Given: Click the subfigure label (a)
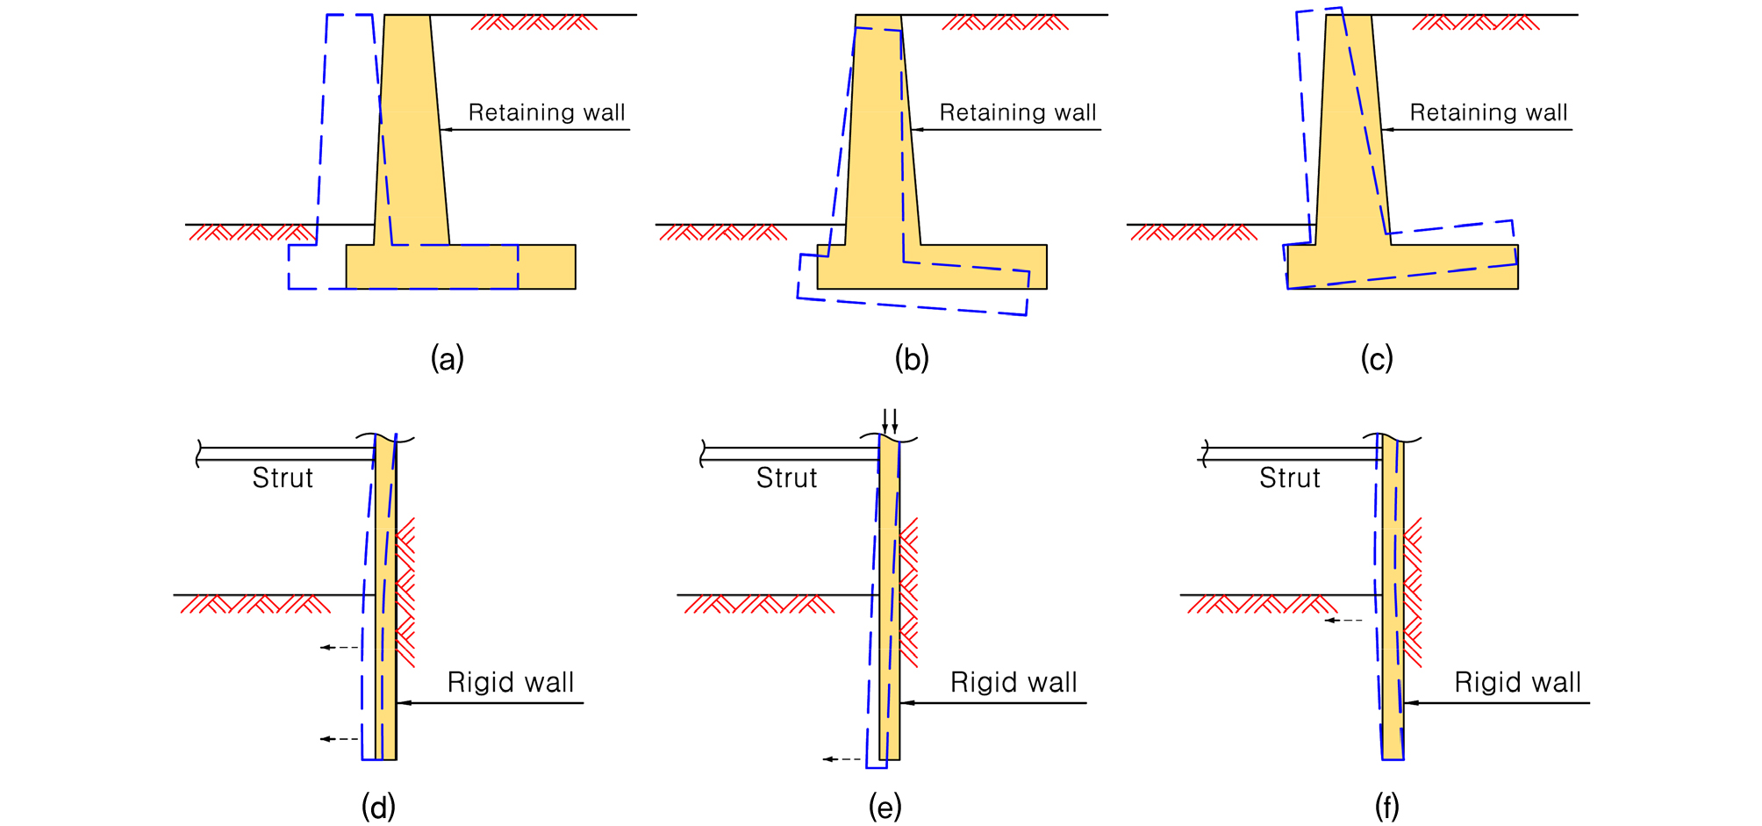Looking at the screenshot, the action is coord(447,358).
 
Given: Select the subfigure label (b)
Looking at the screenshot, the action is coord(912,358).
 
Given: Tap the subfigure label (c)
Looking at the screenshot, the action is coord(1377,358).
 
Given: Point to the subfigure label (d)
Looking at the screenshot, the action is coord(378,806).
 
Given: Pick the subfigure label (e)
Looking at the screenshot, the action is coord(885,806).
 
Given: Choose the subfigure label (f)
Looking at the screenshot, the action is coord(1387,806).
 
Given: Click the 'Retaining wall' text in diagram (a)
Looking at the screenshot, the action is coord(547,112).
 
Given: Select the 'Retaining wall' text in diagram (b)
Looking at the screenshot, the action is coord(1018,112).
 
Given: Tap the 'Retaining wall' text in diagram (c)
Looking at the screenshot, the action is coord(1488,112).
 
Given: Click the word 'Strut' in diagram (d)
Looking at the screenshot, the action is coord(283,478).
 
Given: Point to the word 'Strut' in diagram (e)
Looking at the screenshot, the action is coord(786,478).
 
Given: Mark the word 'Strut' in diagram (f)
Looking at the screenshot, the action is coord(1290,478).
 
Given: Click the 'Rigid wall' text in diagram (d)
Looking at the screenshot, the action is coord(511,682).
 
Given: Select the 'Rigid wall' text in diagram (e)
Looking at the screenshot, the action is coord(1014,682).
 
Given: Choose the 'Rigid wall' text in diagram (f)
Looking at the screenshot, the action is coord(1517,682).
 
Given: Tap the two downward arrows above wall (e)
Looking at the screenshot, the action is coord(890,420).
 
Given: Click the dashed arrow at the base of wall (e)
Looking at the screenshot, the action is coord(842,758).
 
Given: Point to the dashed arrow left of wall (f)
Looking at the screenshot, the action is coord(1343,621).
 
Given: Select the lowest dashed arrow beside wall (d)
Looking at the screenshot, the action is coord(340,739).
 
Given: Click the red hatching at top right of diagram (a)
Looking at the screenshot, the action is coord(534,22).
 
